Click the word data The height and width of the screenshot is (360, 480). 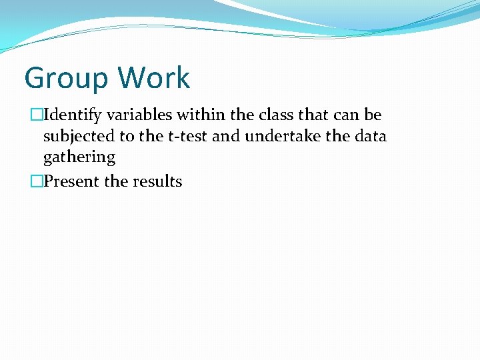[371, 137]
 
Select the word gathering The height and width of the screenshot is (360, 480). [79, 158]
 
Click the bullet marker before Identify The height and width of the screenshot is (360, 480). [36, 115]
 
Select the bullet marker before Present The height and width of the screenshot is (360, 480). [36, 181]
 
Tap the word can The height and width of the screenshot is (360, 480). [348, 115]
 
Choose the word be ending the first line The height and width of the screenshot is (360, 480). [373, 115]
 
